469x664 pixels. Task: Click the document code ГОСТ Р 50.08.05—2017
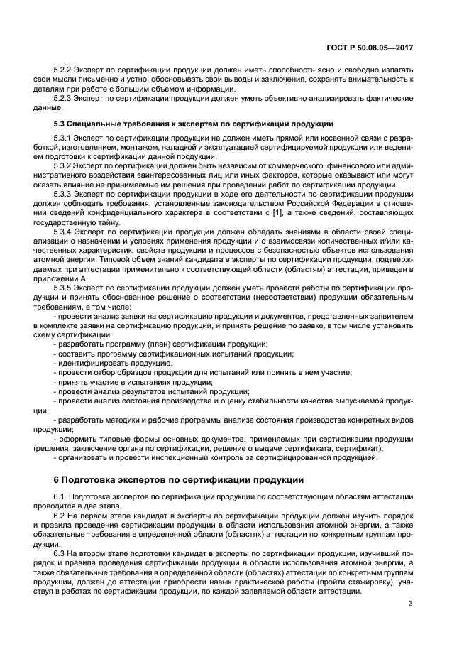pos(374,48)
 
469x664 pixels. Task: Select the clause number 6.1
pos(61,495)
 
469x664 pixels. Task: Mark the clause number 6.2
pos(61,513)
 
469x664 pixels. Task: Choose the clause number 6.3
pos(61,550)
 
